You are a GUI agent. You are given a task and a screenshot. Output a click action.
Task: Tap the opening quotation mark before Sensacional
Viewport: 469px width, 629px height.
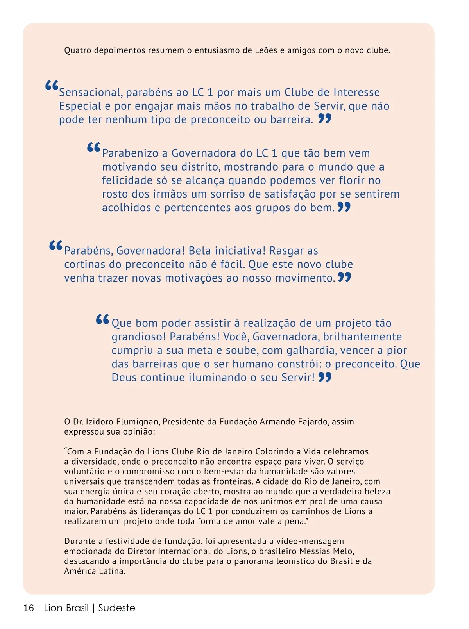(52, 86)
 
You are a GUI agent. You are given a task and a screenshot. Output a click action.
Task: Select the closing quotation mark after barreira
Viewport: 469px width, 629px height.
(325, 118)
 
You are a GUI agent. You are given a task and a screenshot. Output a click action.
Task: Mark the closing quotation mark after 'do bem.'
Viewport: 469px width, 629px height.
(344, 207)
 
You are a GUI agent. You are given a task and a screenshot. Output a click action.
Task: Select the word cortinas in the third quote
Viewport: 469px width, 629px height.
(85, 264)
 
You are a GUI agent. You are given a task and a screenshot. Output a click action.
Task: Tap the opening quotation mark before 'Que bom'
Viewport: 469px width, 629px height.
(102, 320)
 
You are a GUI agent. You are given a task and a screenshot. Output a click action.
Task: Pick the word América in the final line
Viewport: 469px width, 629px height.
(78, 571)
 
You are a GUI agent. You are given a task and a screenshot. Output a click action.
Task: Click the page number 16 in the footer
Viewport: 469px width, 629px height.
(29, 608)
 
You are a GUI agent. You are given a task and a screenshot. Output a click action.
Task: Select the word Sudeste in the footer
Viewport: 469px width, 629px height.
(117, 608)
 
